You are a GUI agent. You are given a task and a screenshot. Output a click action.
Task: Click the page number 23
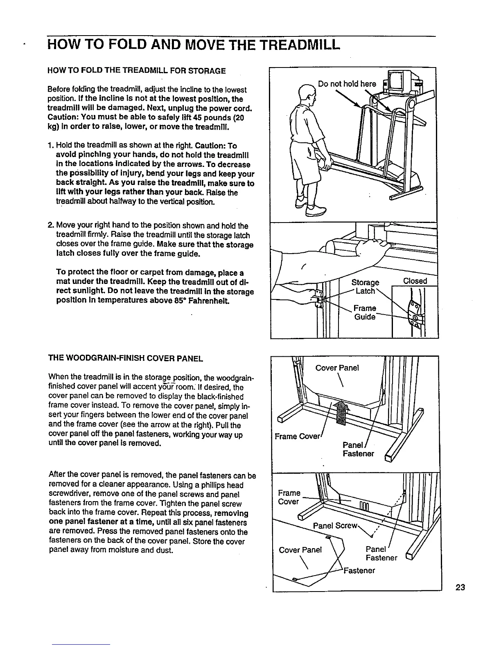pyautogui.click(x=460, y=588)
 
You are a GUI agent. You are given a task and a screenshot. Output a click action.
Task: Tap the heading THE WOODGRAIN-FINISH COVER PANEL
pyautogui.click(x=126, y=359)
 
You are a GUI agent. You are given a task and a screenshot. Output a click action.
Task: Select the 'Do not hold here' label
pyautogui.click(x=347, y=84)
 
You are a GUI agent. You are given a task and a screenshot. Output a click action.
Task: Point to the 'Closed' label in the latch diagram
pyautogui.click(x=415, y=281)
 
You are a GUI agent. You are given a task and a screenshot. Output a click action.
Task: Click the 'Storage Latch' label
pyautogui.click(x=366, y=287)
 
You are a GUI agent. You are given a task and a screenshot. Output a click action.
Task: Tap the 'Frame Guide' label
pyautogui.click(x=365, y=313)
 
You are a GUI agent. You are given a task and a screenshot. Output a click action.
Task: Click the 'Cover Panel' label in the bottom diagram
pyautogui.click(x=300, y=550)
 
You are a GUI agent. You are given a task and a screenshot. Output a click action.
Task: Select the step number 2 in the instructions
pyautogui.click(x=50, y=226)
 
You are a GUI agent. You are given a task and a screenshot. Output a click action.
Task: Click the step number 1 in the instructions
pyautogui.click(x=50, y=146)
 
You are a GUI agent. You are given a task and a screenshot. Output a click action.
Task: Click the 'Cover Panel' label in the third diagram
pyautogui.click(x=337, y=368)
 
